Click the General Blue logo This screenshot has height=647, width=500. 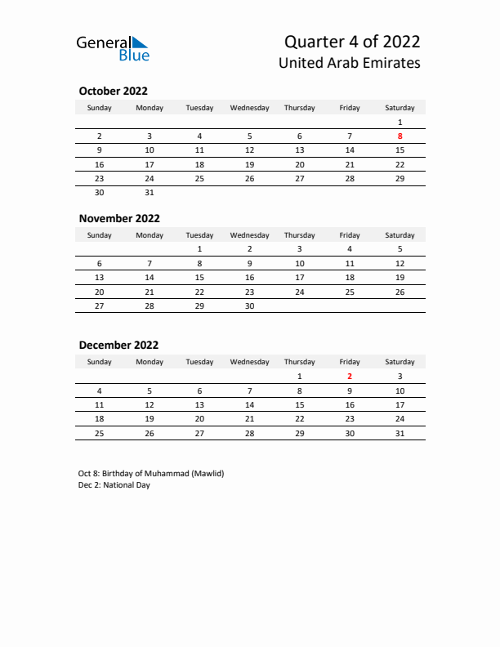pos(113,48)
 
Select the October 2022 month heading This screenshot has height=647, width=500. pos(113,91)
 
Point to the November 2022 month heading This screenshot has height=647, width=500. pos(119,218)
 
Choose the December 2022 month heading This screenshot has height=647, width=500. pos(118,345)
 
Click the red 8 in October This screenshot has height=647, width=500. pos(400,136)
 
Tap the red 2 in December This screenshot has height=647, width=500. pos(350,377)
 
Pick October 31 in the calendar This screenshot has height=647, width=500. pos(150,193)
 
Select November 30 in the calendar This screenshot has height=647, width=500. pos(249,306)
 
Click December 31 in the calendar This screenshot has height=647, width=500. pos(400,433)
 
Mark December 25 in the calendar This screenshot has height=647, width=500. pos(100,433)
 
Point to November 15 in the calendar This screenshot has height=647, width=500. pos(199,277)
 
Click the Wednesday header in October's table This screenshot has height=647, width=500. pos(249,108)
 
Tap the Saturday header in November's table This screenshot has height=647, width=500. pos(400,235)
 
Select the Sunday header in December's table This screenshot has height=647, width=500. pos(100,362)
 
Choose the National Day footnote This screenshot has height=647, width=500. pos(114,484)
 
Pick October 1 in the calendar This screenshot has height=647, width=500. pos(400,122)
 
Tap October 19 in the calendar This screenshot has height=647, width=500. pos(249,164)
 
